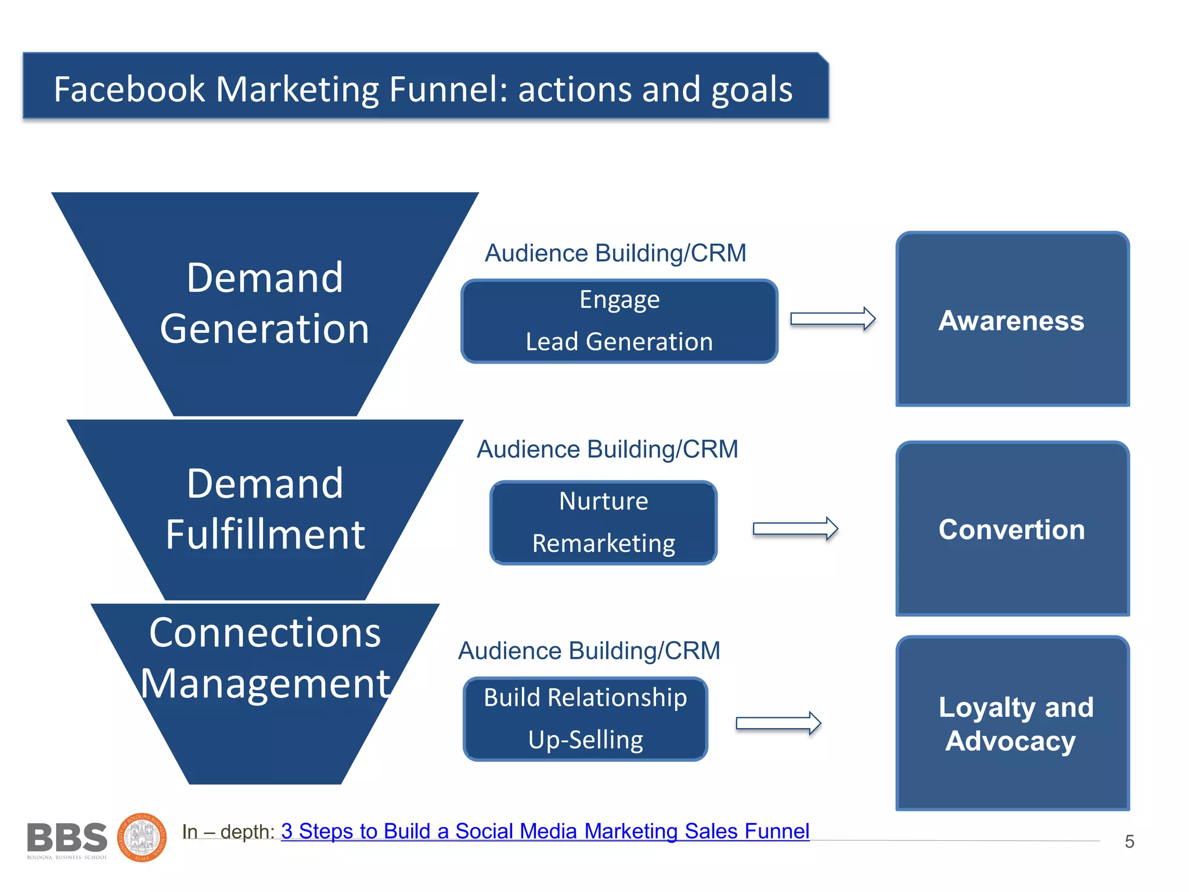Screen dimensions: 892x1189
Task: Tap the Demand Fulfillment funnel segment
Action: pyautogui.click(x=265, y=509)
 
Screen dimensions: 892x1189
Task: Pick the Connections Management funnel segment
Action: pyautogui.click(x=265, y=659)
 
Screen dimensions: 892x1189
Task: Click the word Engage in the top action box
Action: pyautogui.click(x=619, y=300)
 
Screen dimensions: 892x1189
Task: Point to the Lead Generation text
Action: pyautogui.click(x=619, y=342)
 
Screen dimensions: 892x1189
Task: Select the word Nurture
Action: pyautogui.click(x=603, y=501)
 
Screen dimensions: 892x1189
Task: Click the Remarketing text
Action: pyautogui.click(x=603, y=544)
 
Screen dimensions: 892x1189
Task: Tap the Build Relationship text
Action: pyautogui.click(x=585, y=697)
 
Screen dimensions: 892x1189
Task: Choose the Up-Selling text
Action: pyautogui.click(x=585, y=740)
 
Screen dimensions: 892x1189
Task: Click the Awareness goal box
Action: pyautogui.click(x=1012, y=319)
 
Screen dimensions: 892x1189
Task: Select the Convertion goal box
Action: pyautogui.click(x=1012, y=528)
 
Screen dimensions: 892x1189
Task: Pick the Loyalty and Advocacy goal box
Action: pyautogui.click(x=1012, y=723)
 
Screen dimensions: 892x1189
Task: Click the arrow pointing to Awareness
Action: pyautogui.click(x=833, y=319)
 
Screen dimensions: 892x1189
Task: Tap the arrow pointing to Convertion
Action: pyautogui.click(x=795, y=528)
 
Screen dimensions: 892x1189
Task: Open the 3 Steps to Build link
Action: pyautogui.click(x=545, y=831)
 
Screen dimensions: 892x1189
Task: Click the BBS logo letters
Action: pyautogui.click(x=67, y=838)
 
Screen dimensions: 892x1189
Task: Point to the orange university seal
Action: pyautogui.click(x=142, y=837)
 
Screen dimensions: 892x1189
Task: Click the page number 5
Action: pyautogui.click(x=1129, y=841)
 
